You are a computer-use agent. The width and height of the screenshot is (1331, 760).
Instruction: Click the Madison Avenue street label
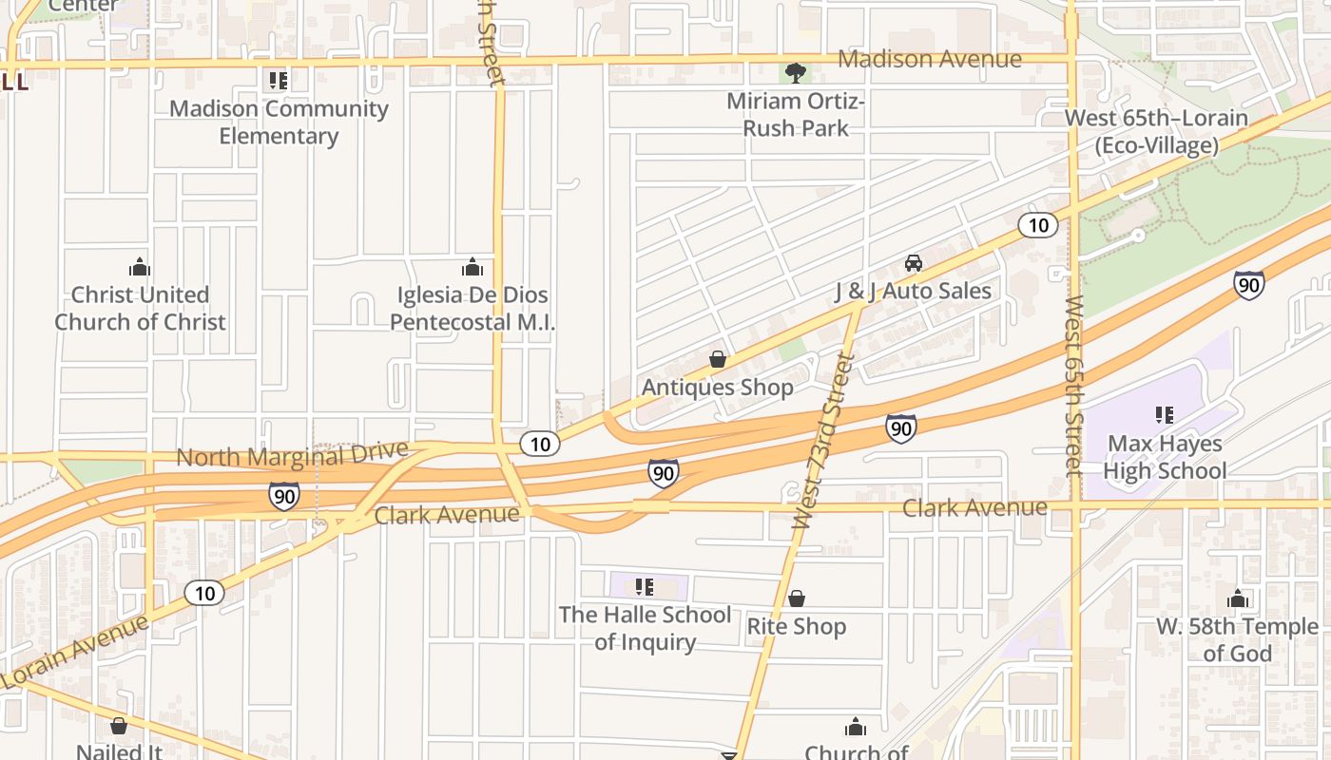coord(930,59)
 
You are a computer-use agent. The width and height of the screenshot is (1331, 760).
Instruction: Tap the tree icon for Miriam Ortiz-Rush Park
coord(796,72)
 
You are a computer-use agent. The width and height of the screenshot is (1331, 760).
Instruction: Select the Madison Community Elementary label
coord(279,122)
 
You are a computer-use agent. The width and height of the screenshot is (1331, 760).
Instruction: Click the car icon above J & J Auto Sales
coord(913,263)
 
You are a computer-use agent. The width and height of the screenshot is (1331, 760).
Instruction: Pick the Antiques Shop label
coord(717,388)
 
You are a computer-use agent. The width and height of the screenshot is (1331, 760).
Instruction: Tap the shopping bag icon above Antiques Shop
coord(718,359)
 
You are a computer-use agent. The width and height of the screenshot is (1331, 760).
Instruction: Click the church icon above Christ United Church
coord(140,267)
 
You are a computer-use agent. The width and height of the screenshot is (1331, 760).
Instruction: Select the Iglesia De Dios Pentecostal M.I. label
coord(473,309)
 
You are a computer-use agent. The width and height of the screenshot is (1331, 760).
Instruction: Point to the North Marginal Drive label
coord(292,455)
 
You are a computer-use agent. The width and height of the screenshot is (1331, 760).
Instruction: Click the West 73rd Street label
coord(823,441)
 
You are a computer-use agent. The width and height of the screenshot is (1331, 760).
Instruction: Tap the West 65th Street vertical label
coord(1074,385)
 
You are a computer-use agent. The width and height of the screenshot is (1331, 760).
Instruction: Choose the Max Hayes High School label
coord(1167,457)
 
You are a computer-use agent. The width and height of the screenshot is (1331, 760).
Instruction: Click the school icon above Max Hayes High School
coord(1164,414)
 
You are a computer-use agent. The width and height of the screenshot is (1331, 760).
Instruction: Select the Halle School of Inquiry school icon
coord(644,587)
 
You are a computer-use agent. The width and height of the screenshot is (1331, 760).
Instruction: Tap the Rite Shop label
coord(796,627)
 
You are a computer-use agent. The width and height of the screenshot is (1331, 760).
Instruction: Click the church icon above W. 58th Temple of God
coord(1237,598)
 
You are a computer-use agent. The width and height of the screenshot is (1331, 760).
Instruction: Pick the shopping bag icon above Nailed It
coord(119,726)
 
